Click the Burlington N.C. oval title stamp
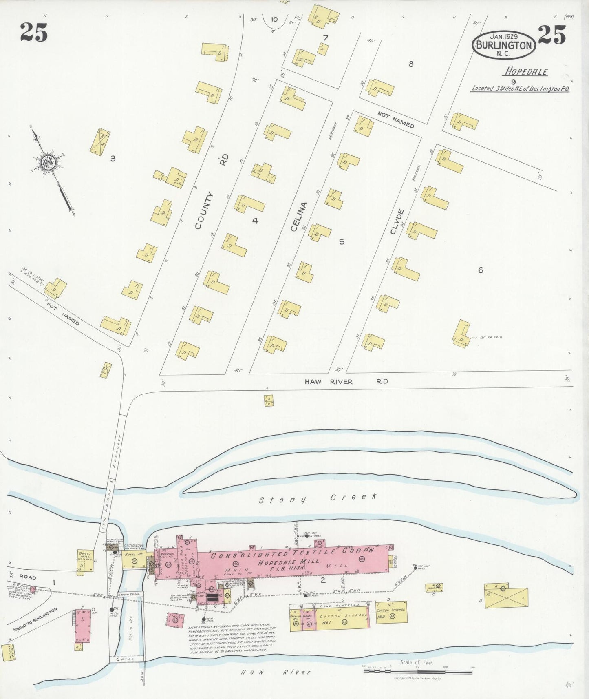504,45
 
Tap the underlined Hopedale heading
526,71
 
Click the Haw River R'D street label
346,381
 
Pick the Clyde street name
397,221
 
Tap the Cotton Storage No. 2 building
391,612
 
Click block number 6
481,270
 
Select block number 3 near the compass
113,159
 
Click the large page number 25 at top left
34,33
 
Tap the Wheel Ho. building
133,562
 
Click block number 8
411,64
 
